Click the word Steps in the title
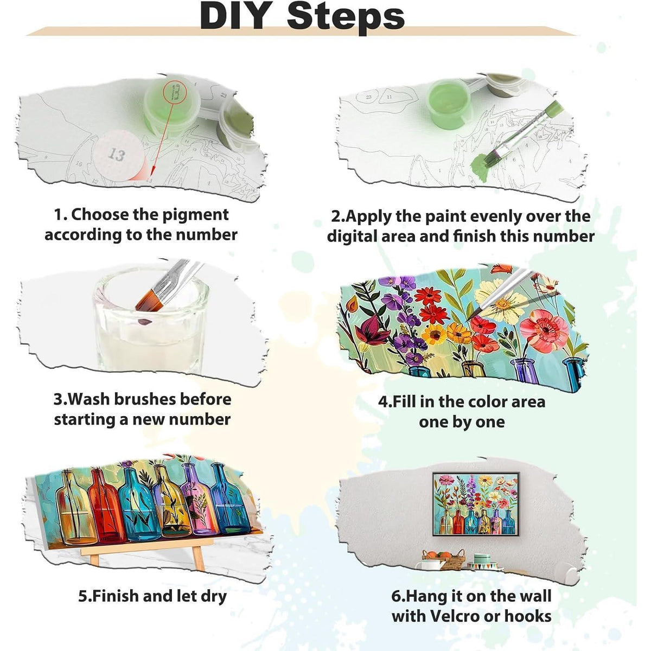tap(346, 16)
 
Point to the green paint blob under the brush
tap(481, 168)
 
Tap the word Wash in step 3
tap(89, 399)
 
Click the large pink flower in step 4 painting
tap(544, 325)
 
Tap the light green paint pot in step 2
tap(449, 103)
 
